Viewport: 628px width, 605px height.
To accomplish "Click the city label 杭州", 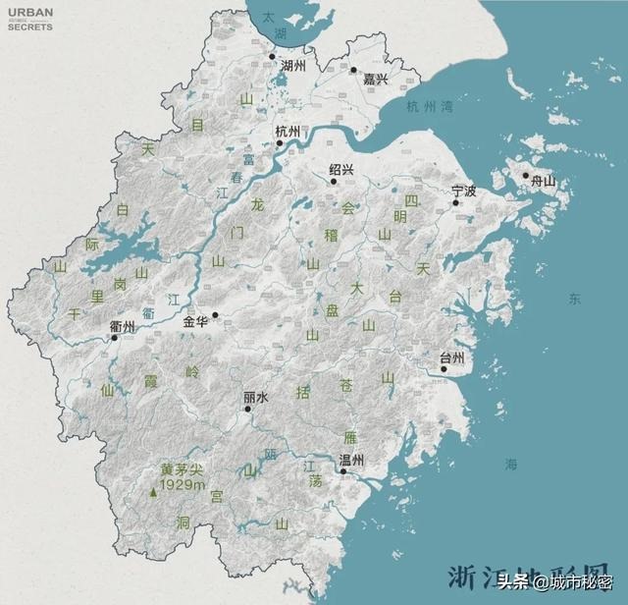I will [x=288, y=132].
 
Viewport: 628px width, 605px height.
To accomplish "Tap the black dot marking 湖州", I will [x=273, y=56].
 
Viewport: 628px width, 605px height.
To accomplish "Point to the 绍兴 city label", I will [x=342, y=169].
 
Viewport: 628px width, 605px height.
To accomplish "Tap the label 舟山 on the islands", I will [x=543, y=182].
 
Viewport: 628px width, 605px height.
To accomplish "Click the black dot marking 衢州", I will [x=115, y=338].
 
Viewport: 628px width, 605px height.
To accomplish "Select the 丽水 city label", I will [x=255, y=399].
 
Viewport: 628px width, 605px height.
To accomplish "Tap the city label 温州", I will [x=351, y=460].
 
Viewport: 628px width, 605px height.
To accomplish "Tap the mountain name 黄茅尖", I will [x=183, y=469].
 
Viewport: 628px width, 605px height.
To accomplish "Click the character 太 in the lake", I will [x=267, y=17].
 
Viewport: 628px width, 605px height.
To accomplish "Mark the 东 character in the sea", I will [x=574, y=298].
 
